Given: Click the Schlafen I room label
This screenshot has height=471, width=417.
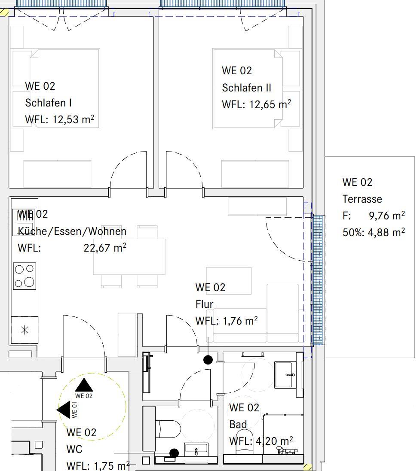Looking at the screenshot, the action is coord(49,103).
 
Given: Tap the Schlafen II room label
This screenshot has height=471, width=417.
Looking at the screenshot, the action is coord(246,88).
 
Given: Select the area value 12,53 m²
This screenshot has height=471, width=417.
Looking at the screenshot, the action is coord(74,119).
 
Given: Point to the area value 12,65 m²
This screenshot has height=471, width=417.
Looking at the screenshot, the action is coord(270,104).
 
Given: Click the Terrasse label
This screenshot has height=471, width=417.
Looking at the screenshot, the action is coord(362,199).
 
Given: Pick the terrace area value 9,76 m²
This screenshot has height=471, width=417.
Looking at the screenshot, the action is coord(386,216).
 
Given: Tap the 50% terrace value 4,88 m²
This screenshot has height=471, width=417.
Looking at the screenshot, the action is coord(386,232).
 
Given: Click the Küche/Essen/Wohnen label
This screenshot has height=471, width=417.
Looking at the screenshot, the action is coord(72,231).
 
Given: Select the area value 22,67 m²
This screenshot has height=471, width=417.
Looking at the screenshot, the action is coord(105,248).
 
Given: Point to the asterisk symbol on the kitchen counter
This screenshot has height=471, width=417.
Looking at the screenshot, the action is coord(25,330).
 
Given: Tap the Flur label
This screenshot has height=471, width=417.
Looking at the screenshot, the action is coord(204,304).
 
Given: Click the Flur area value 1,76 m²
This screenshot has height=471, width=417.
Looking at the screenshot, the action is coord(240,321).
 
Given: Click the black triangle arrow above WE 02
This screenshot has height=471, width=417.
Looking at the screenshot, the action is coord(84,385).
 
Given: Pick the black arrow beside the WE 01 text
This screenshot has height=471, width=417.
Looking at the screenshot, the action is coord(64,410).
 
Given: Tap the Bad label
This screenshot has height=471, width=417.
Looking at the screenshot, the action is coord(238,424).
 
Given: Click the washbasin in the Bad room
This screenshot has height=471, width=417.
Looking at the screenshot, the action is coord(284,375).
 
